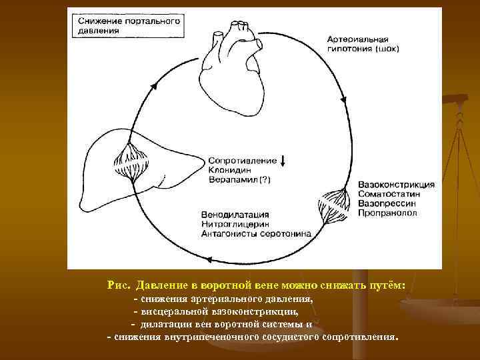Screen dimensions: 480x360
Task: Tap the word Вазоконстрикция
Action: pos(396,184)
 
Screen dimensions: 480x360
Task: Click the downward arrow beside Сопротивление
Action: pos(283,161)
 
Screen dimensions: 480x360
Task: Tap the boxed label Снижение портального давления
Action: pos(126,25)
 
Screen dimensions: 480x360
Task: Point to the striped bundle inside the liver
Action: pos(131,164)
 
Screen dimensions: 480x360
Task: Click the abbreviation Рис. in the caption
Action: pos(118,285)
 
